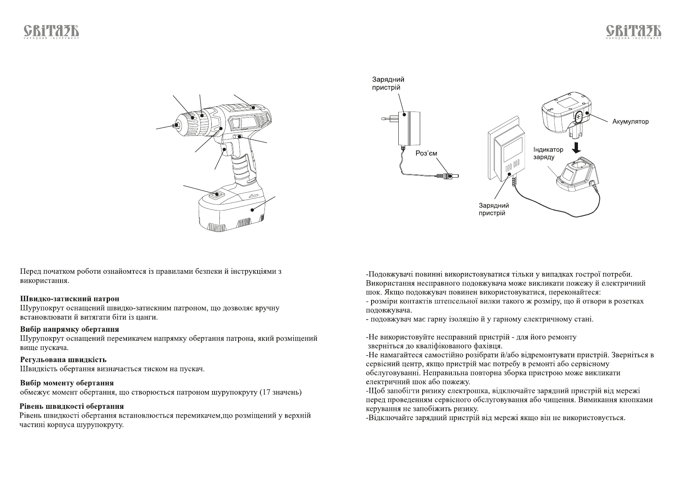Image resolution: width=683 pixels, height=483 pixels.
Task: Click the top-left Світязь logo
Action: pos(50,32)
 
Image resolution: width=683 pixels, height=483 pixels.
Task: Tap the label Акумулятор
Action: pos(630,121)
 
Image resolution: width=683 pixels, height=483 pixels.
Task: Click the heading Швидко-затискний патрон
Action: pos(70,299)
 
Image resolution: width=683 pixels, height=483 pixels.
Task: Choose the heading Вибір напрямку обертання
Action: pos(69,329)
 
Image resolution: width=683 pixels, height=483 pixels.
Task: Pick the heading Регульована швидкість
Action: pos(63,360)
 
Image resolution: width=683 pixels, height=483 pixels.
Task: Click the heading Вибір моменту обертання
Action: pos(67,383)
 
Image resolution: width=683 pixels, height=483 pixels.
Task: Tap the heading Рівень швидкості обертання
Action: pos(72,406)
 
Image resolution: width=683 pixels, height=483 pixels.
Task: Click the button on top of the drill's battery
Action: pos(217,195)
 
